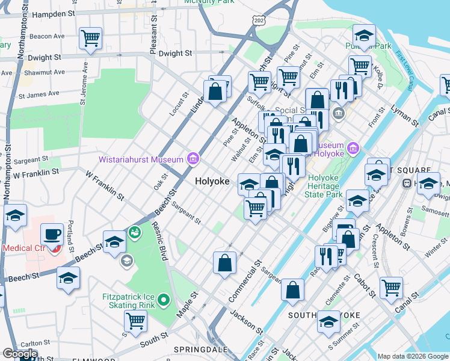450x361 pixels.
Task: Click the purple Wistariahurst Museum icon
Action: click(x=193, y=159)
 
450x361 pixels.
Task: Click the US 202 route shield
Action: click(x=259, y=21)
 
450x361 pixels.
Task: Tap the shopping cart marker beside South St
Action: click(x=135, y=322)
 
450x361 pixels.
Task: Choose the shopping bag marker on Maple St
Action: click(x=225, y=264)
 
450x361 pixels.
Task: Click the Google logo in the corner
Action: click(x=20, y=354)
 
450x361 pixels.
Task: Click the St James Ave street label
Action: click(x=39, y=94)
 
